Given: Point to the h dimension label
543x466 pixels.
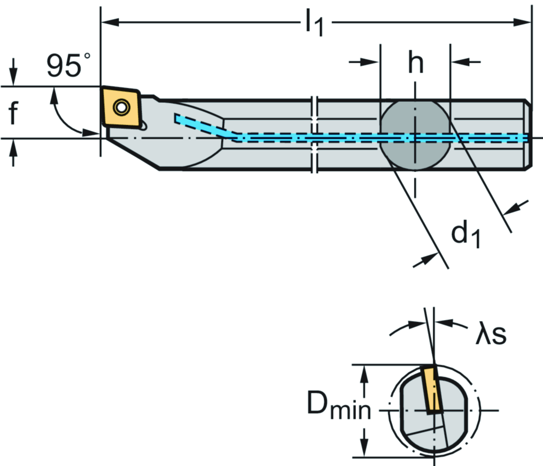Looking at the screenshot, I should click(416, 64).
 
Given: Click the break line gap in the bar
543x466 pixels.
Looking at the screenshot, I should click(315, 135).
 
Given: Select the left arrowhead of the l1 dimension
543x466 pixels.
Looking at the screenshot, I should click(108, 22).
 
